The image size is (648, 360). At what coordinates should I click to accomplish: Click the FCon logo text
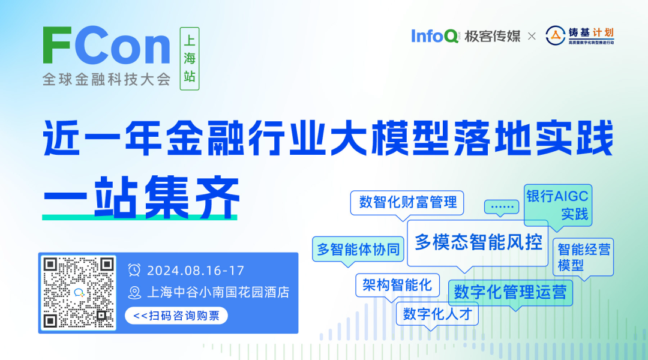coord(106,46)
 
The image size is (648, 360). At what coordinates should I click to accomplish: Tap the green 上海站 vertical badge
coord(190,59)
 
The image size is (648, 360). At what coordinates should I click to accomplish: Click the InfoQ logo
coord(434,36)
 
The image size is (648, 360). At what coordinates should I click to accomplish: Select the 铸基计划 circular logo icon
coord(555,35)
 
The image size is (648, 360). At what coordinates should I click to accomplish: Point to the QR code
coord(79,293)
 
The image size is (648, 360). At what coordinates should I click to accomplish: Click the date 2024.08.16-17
coord(196,271)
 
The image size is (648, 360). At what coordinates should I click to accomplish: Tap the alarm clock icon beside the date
coord(134,271)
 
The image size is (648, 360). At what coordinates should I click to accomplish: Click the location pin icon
coord(134,293)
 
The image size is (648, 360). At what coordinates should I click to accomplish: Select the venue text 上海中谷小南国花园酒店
coord(218,293)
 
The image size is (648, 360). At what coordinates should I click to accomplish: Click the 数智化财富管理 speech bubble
coord(407,203)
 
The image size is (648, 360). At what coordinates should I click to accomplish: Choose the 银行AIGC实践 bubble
coord(558,206)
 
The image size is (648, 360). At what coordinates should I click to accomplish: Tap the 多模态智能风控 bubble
coord(478,243)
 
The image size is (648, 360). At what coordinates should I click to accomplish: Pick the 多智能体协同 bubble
coord(358,250)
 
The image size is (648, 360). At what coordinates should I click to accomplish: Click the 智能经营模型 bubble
coord(583,257)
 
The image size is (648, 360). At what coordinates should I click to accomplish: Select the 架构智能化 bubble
coord(397,285)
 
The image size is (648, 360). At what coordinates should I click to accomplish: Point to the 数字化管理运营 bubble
coord(511,293)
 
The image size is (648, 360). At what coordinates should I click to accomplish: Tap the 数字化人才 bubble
coord(437,314)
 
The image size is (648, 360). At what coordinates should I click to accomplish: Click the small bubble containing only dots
coord(502,207)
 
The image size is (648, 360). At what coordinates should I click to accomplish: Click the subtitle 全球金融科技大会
coord(106,79)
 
